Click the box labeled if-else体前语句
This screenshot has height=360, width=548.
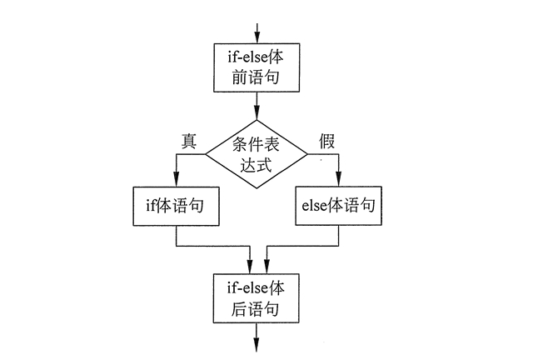257,67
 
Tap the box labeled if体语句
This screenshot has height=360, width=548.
177,204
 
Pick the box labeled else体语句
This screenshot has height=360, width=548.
338,204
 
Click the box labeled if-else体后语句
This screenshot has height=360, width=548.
257,298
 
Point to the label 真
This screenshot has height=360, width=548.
188,141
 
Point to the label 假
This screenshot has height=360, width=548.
326,141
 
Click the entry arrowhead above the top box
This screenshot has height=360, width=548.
257,37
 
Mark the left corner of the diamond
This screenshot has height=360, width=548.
206,152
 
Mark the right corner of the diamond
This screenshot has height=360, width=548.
309,152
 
